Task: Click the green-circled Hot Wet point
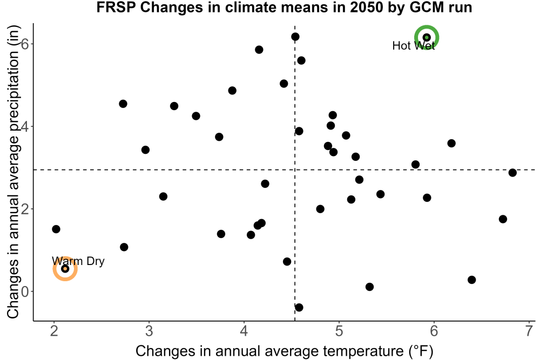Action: pos(427,37)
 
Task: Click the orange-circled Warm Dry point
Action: pos(65,268)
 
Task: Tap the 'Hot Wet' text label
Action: pos(414,46)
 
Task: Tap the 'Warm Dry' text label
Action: pos(78,261)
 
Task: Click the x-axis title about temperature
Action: pos(285,351)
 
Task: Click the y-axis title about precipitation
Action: pos(13,172)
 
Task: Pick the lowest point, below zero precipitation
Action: pos(299,307)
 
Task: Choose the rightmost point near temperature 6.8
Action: pos(512,172)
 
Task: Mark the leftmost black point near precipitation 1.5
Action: pos(56,229)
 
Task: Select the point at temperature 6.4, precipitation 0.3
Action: pos(472,280)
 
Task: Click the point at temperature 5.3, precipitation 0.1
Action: pos(369,287)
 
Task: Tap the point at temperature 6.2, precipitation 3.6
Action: pos(451,143)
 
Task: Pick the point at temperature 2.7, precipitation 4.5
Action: pos(123,104)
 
